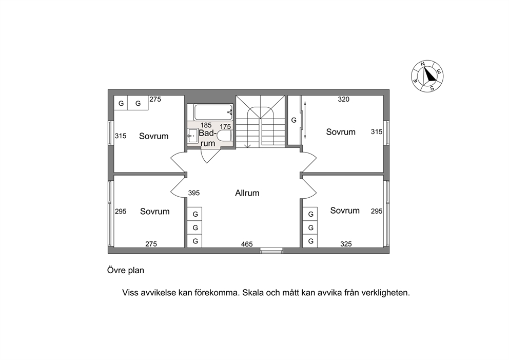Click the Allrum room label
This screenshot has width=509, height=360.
(x=247, y=193)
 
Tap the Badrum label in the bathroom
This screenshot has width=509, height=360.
(x=207, y=138)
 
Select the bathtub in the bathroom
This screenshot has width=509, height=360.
(x=213, y=112)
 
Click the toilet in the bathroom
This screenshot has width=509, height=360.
(x=224, y=136)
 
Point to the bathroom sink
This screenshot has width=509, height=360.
(x=193, y=136)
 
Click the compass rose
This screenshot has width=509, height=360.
(x=427, y=76)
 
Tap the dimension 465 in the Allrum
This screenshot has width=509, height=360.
(x=247, y=244)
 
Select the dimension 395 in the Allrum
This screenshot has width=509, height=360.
(x=194, y=193)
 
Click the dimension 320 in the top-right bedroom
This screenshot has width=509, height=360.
(x=343, y=100)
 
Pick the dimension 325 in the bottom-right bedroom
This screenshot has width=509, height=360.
(x=346, y=244)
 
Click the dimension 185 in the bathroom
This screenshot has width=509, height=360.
(x=206, y=125)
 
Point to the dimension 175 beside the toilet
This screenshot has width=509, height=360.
(x=225, y=127)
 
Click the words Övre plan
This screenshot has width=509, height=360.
(x=126, y=270)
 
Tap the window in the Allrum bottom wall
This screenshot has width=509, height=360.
(x=271, y=251)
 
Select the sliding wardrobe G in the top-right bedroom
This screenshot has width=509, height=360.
(x=295, y=120)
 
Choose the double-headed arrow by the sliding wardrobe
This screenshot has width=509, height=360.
(x=305, y=120)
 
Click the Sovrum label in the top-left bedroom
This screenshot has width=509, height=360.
(x=154, y=136)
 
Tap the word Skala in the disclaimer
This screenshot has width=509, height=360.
(x=253, y=293)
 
